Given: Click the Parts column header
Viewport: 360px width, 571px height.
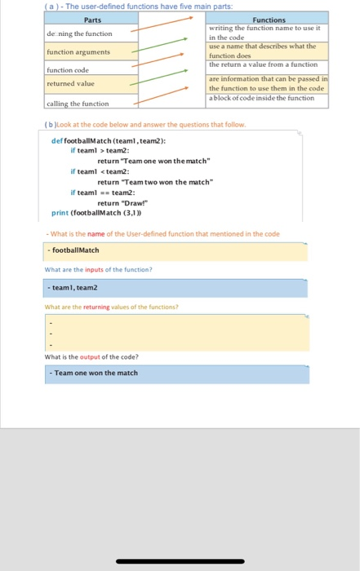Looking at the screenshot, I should (92, 20).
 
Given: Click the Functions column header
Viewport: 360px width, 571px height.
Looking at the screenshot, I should (269, 20).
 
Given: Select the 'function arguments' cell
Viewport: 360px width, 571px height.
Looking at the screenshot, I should (78, 52).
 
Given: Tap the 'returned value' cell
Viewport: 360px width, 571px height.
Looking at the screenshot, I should (70, 83).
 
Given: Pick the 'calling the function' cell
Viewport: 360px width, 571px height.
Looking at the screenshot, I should (78, 103).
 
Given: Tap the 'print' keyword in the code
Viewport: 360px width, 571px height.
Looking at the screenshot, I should (60, 213).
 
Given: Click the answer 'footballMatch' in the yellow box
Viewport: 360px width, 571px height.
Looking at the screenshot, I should (76, 250).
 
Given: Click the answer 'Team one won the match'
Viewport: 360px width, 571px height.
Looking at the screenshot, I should (96, 373).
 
